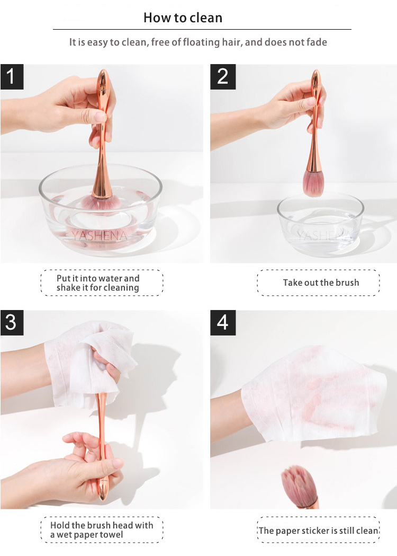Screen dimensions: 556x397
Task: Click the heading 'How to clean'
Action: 183,17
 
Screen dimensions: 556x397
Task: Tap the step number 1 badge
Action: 12,76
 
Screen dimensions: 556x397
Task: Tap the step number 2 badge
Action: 222,76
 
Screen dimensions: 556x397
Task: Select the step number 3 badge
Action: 12,322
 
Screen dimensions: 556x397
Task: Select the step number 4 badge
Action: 222,322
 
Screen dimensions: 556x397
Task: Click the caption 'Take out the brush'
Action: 320,283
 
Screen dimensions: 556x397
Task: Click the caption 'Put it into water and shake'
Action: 98,283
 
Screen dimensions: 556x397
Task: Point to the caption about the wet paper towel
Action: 101,529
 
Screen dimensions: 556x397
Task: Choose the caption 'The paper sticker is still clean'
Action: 318,530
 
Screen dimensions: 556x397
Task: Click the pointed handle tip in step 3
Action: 101,495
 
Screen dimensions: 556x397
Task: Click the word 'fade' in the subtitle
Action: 316,42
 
